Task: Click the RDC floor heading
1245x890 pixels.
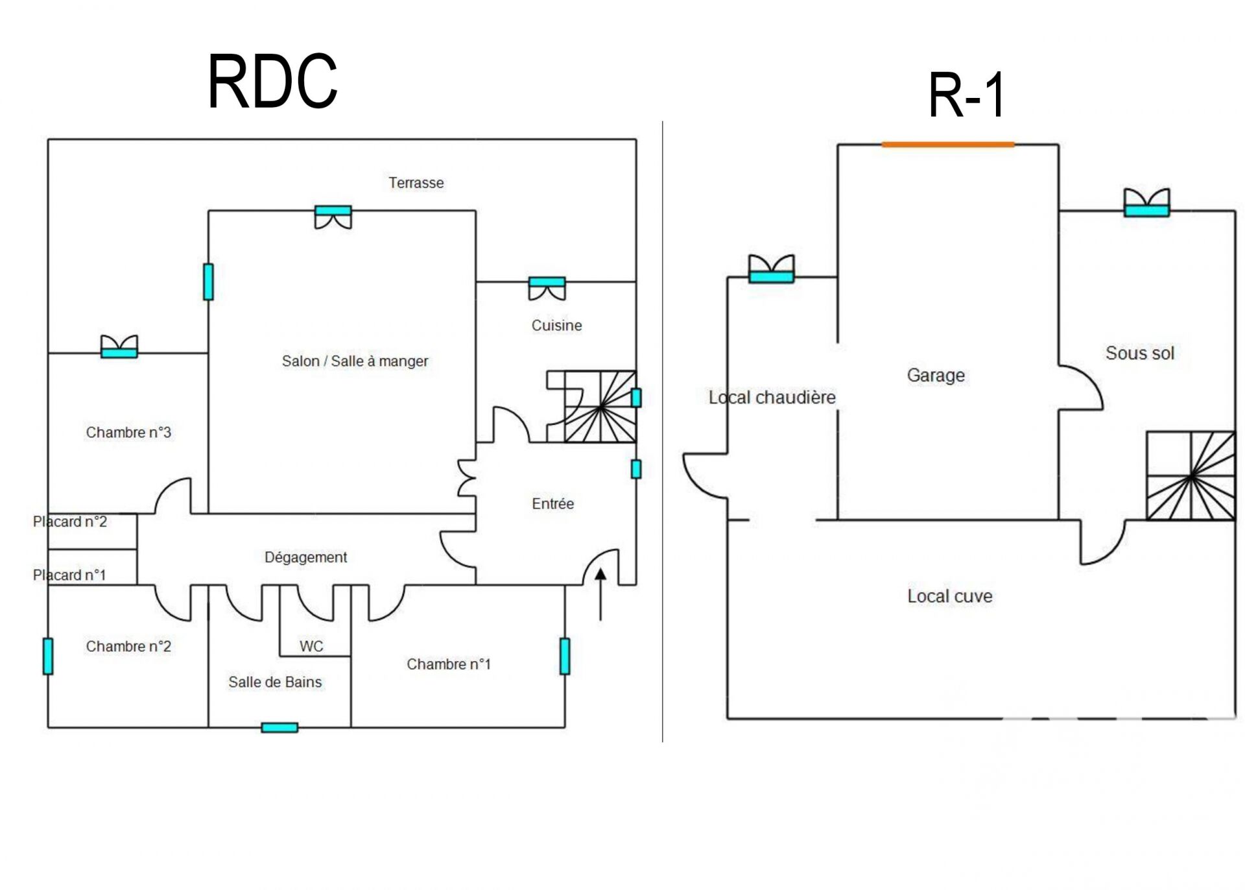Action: click(272, 82)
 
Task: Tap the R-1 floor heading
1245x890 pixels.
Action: click(966, 95)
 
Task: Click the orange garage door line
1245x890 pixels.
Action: click(947, 145)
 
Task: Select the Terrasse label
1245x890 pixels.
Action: click(416, 183)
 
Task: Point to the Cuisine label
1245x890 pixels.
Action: click(556, 326)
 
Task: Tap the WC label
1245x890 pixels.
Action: click(311, 646)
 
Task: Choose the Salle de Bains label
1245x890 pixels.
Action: click(275, 682)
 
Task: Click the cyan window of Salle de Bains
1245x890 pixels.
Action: click(279, 727)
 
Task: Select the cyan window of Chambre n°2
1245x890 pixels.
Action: click(48, 656)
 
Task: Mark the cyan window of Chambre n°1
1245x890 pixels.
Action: click(565, 656)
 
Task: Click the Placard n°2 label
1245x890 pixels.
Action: click(70, 522)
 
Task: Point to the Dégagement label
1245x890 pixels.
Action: click(305, 557)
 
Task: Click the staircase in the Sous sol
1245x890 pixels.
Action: click(1191, 475)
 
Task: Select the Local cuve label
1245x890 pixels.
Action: click(949, 596)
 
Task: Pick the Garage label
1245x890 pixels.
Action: click(936, 375)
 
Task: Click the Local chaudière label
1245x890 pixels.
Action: click(772, 397)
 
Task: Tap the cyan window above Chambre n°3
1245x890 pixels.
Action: click(119, 352)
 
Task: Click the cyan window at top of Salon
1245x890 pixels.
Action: click(333, 210)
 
